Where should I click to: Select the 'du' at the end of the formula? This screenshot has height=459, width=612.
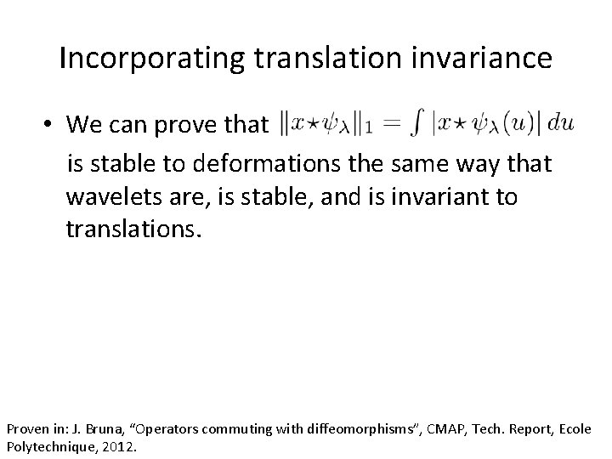pyautogui.click(x=561, y=123)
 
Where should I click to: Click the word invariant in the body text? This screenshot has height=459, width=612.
pyautogui.click(x=449, y=197)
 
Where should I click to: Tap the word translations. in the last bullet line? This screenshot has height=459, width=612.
pyautogui.click(x=134, y=232)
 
